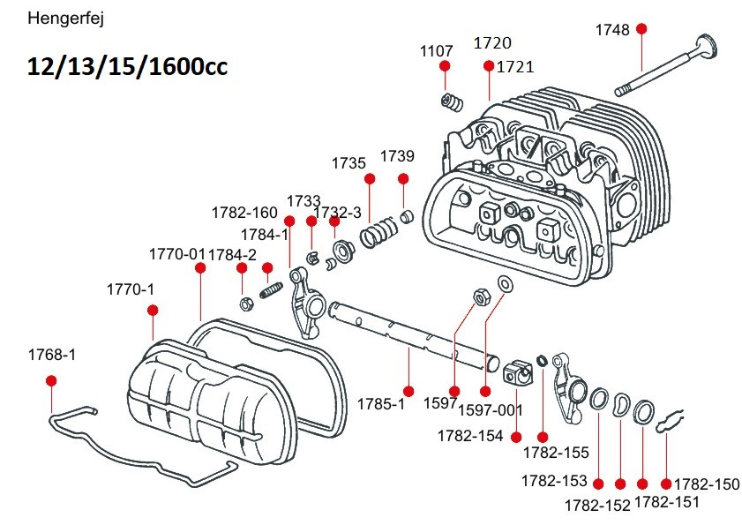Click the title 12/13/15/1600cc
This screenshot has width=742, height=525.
(127, 67)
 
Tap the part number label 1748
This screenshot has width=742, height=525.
(612, 30)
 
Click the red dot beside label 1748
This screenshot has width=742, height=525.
(641, 29)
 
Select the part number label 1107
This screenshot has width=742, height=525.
(437, 51)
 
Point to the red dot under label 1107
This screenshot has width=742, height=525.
(445, 67)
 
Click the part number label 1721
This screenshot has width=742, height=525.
(516, 67)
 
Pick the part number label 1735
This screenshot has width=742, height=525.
(349, 163)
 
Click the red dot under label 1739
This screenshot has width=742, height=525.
(403, 179)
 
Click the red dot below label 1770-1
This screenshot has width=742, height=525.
(153, 310)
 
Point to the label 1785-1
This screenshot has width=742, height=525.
(380, 404)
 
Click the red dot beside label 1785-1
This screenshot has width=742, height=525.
(408, 391)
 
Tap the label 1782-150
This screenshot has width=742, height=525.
(707, 484)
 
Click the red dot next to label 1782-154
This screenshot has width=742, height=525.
(516, 437)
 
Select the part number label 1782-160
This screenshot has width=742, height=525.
(244, 213)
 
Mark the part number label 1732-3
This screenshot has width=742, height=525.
(338, 213)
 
